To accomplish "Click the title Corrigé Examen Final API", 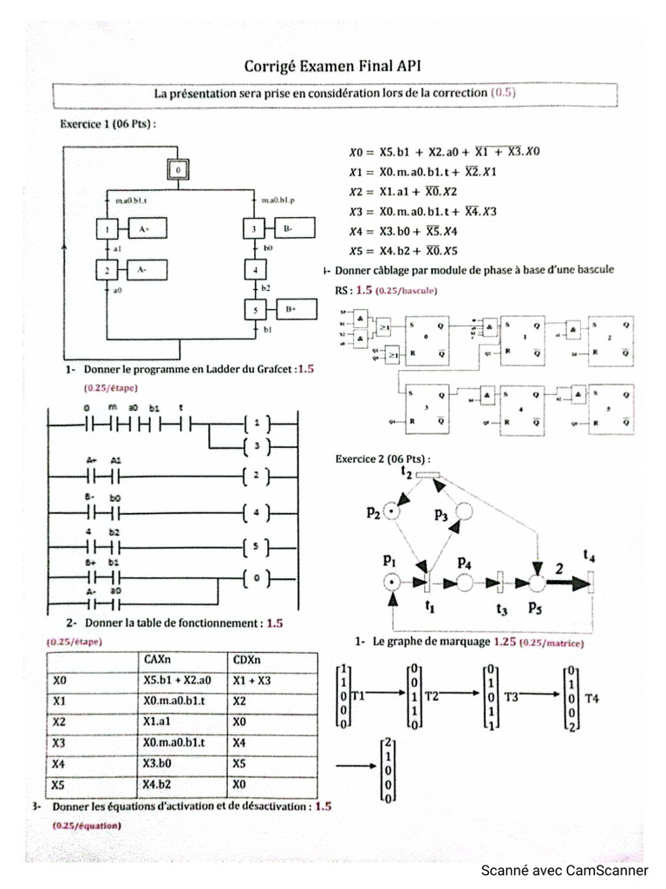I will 332,66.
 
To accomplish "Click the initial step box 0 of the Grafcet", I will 178,171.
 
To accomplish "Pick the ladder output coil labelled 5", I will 258,547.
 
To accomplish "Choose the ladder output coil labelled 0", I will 258,577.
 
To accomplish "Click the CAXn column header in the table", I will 158,660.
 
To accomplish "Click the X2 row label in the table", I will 60,722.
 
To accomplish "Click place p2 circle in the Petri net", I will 395,511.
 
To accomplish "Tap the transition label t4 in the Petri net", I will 589,556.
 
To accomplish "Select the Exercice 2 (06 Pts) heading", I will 382,459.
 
